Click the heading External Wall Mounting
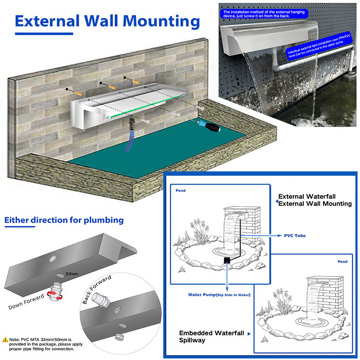[x=107, y=22]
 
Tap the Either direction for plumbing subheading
[x=64, y=220]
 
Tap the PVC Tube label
[x=295, y=236]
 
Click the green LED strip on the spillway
[x=144, y=107]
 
